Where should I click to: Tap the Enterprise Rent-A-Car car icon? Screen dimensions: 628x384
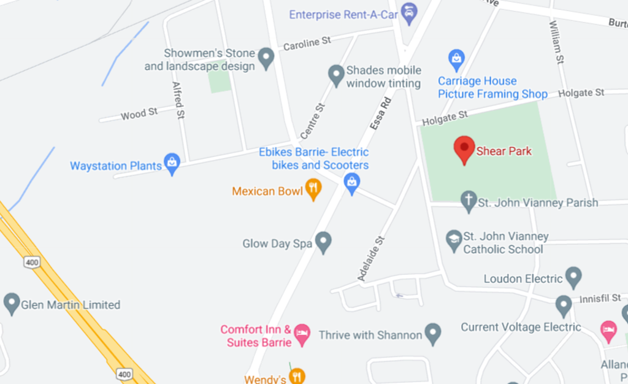[408, 12]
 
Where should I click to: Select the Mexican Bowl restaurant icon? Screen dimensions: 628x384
[313, 189]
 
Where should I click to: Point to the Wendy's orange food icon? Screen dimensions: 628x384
[297, 375]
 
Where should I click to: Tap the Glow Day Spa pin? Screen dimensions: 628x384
[323, 242]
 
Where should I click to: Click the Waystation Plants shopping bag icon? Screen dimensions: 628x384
[172, 164]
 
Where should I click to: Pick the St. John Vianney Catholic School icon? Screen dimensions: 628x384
[454, 239]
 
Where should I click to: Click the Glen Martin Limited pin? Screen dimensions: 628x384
[12, 303]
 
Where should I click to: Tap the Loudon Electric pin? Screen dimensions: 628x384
[573, 277]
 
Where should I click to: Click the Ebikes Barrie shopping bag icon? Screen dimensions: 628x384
[351, 182]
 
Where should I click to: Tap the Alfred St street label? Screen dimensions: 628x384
[178, 99]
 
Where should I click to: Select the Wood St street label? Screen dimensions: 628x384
[139, 113]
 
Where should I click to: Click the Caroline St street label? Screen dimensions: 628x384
[307, 42]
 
